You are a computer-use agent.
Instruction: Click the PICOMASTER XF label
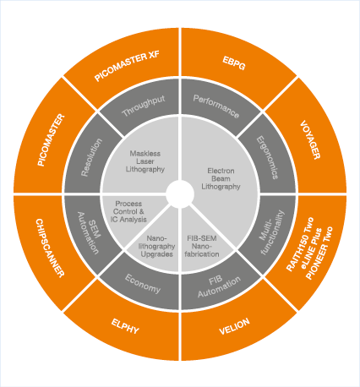click(127, 66)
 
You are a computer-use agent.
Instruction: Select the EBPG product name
click(234, 63)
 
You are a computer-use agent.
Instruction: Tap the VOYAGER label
click(310, 140)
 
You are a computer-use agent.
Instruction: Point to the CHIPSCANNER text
click(50, 248)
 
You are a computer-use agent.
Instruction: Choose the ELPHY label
click(125, 326)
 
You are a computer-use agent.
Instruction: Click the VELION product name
click(234, 326)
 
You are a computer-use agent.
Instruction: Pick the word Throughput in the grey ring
click(144, 106)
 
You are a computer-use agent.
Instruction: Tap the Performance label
click(216, 106)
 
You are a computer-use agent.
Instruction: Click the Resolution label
click(91, 157)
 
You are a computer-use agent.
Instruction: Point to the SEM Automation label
click(89, 233)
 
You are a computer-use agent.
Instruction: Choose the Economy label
click(143, 284)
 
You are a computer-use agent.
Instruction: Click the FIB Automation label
click(219, 286)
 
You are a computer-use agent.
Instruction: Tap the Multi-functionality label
click(271, 232)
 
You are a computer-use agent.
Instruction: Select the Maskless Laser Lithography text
click(145, 161)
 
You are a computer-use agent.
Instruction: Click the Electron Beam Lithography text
click(221, 178)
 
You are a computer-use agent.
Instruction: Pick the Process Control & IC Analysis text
click(128, 211)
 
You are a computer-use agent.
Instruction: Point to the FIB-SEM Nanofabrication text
click(202, 246)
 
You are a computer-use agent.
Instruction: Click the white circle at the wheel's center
click(180, 194)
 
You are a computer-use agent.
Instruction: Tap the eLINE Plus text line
click(312, 249)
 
